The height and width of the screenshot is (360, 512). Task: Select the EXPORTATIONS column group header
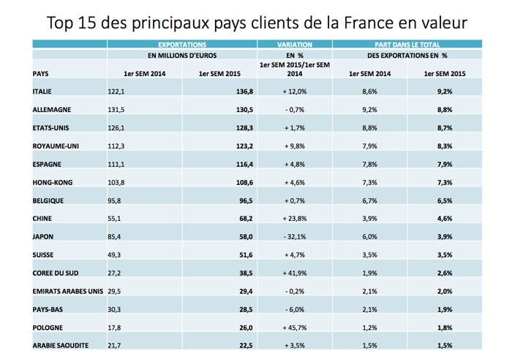[181, 45]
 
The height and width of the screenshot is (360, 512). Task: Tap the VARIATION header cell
[295, 45]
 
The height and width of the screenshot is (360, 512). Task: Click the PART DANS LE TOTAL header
[407, 45]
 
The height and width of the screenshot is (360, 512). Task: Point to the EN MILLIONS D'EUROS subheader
[181, 55]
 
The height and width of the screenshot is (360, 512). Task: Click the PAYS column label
[42, 73]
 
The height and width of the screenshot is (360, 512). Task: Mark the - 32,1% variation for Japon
[295, 236]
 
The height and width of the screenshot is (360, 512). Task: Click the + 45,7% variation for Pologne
[295, 326]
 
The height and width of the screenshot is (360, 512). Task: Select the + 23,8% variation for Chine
[295, 217]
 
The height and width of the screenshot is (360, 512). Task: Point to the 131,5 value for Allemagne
[117, 109]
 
